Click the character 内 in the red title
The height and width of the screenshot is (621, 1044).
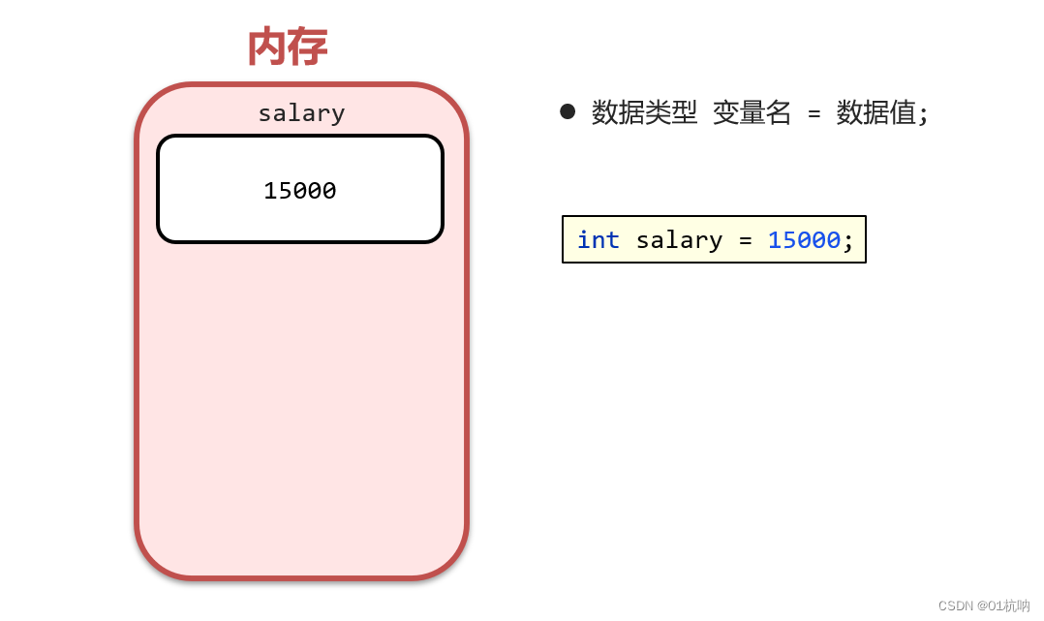tap(266, 47)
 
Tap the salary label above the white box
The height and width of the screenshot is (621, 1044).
tap(301, 113)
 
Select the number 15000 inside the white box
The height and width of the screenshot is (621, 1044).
tap(300, 191)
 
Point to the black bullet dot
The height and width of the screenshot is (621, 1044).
tap(568, 111)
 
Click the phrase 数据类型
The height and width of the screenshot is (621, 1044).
tap(644, 113)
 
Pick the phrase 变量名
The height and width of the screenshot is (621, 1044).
tap(752, 113)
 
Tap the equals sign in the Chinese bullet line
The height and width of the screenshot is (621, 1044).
tap(814, 114)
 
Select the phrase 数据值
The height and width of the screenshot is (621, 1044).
tap(875, 113)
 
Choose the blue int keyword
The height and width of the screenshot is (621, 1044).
tap(599, 240)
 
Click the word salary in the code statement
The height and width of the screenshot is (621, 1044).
tap(679, 240)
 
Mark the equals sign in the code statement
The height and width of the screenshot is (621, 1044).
tap(745, 240)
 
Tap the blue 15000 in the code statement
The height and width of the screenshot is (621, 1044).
tap(804, 240)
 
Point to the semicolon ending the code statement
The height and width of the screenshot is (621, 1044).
tap(848, 241)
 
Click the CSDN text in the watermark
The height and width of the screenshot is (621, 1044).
tap(955, 605)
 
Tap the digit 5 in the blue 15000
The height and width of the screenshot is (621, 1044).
tap(789, 240)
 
